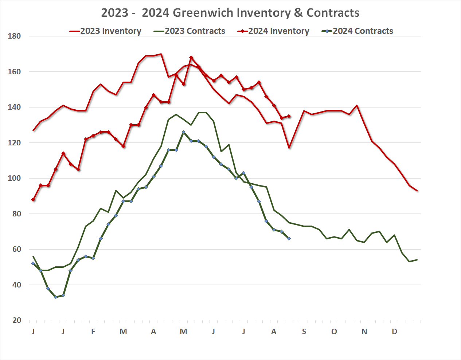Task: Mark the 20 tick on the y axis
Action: pos(17,320)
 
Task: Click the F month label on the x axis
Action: pos(93,332)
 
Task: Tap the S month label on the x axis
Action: pos(304,332)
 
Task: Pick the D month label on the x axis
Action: pos(394,332)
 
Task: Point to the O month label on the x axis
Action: pos(334,332)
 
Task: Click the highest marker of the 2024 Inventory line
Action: pos(191,58)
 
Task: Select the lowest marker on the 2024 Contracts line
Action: pos(56,297)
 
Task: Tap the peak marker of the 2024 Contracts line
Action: pos(184,132)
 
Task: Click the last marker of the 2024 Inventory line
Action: pos(289,116)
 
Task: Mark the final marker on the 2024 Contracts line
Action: pos(289,239)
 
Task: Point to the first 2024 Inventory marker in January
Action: pos(33,200)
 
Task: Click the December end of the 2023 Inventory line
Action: pos(417,191)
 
